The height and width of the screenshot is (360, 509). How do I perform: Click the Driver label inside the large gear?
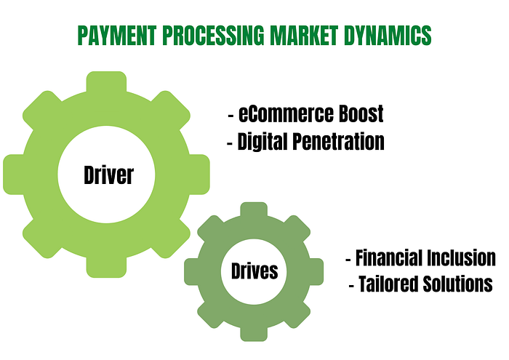click(x=108, y=175)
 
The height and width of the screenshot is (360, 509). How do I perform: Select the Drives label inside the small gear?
click(x=254, y=271)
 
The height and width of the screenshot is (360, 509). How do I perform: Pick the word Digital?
click(x=265, y=141)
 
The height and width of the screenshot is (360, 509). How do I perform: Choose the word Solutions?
click(x=457, y=284)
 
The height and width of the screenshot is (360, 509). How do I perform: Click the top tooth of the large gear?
click(x=107, y=82)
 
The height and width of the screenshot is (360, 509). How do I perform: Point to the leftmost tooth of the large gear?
click(x=15, y=175)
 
